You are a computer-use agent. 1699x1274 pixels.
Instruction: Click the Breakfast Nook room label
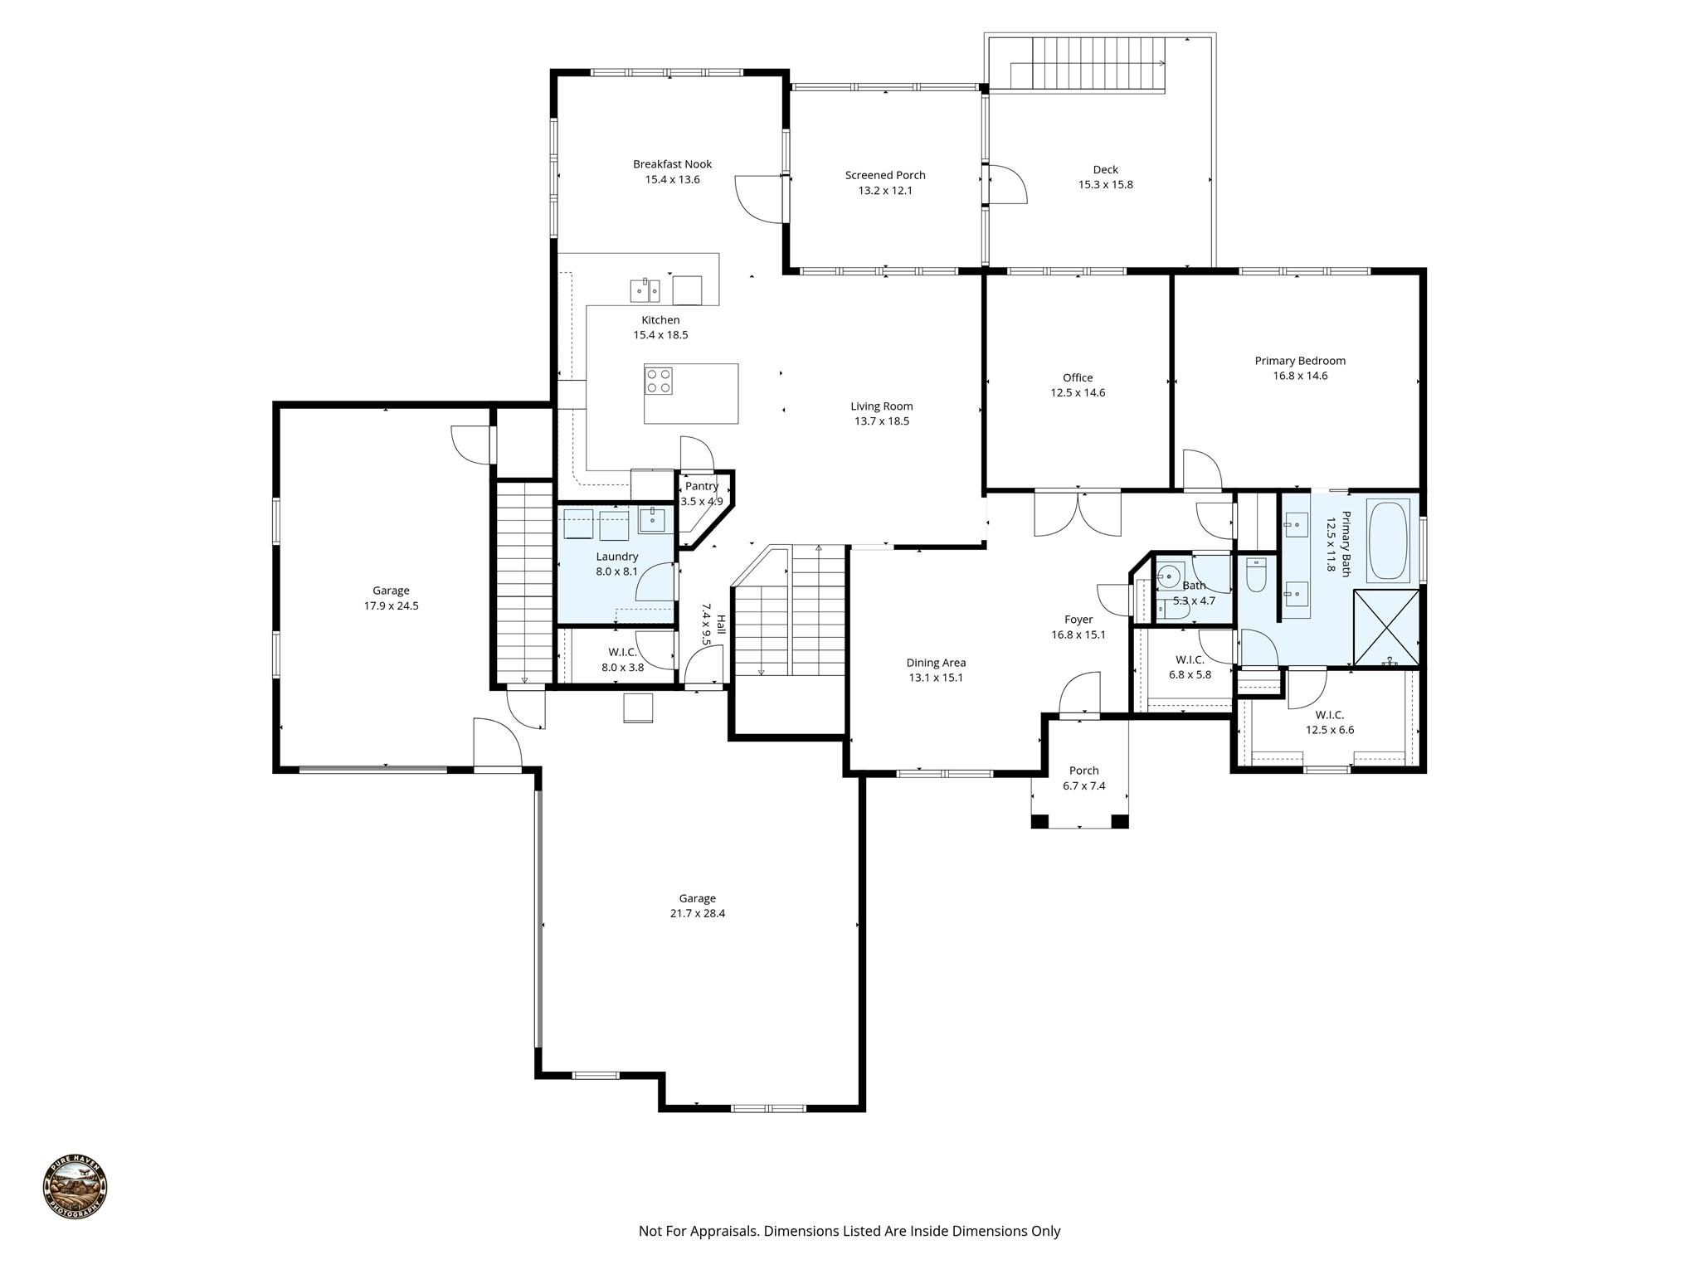pos(672,164)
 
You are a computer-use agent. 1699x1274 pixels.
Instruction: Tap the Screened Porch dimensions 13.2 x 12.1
pos(885,191)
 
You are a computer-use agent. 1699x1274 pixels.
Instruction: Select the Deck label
pos(1105,170)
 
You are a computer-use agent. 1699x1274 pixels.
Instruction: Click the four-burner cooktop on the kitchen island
pos(659,381)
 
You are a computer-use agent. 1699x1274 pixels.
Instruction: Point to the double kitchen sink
pos(645,289)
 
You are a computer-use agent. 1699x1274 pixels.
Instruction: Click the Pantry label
pos(702,486)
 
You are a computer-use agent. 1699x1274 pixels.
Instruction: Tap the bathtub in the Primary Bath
pos(1388,540)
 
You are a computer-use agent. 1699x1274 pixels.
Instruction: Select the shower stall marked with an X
pos(1386,627)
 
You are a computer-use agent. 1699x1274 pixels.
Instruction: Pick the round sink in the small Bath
pos(1170,575)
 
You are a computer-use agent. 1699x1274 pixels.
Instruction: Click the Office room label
pos(1078,377)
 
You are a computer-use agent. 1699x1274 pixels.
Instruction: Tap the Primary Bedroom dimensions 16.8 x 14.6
pos(1300,376)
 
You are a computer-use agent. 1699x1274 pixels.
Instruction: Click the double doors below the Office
pos(1078,514)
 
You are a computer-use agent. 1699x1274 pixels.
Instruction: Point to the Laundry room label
pos(617,557)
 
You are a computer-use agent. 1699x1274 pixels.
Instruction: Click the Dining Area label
pos(936,663)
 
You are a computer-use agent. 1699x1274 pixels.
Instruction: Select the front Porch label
pos(1084,771)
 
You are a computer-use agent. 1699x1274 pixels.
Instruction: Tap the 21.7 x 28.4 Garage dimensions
pos(697,913)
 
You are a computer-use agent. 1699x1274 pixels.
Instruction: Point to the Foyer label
pos(1078,620)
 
